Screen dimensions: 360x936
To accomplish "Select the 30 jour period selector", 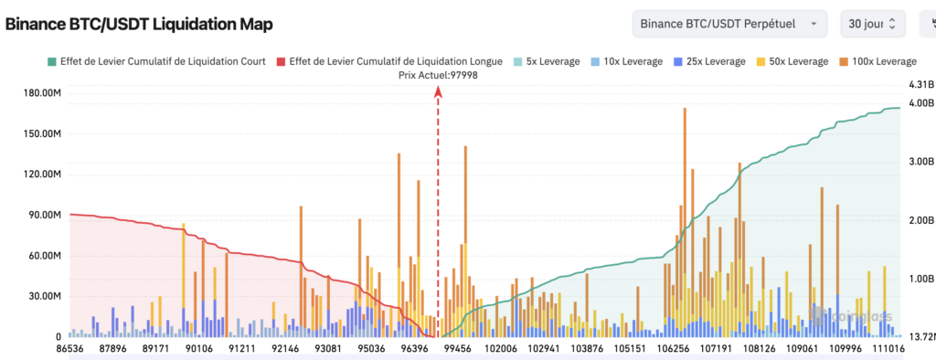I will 873,24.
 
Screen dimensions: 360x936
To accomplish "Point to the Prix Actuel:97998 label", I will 439,75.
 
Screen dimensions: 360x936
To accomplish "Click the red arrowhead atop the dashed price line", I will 439,90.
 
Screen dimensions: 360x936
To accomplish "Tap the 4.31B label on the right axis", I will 919,85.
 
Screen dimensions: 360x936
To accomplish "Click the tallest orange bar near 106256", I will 685,183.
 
